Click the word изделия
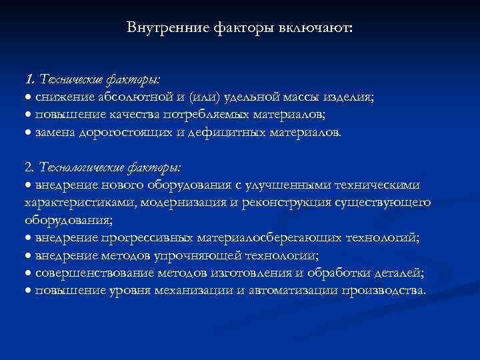(x=350, y=97)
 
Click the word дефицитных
(x=209, y=132)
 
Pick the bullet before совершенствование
(x=28, y=273)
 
